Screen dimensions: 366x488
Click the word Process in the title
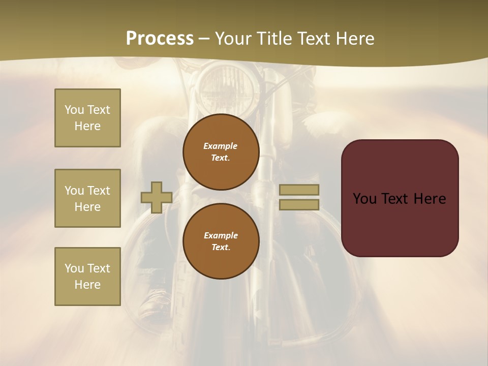pos(160,39)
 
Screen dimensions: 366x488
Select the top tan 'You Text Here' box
pos(87,118)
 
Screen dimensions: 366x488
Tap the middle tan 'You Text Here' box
pos(87,198)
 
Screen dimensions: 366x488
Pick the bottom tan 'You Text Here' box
pos(87,277)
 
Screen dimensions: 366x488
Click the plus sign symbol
pos(157,197)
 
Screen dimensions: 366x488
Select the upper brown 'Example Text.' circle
pos(221,151)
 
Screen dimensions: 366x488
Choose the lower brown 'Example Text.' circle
pos(221,241)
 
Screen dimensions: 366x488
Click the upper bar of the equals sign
pos(299,190)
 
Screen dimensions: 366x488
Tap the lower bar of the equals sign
pos(299,204)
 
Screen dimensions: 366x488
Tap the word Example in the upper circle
pos(221,146)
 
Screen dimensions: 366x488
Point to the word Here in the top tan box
pos(87,126)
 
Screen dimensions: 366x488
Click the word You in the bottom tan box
pos(74,268)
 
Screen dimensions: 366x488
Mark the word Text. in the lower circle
pos(221,247)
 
